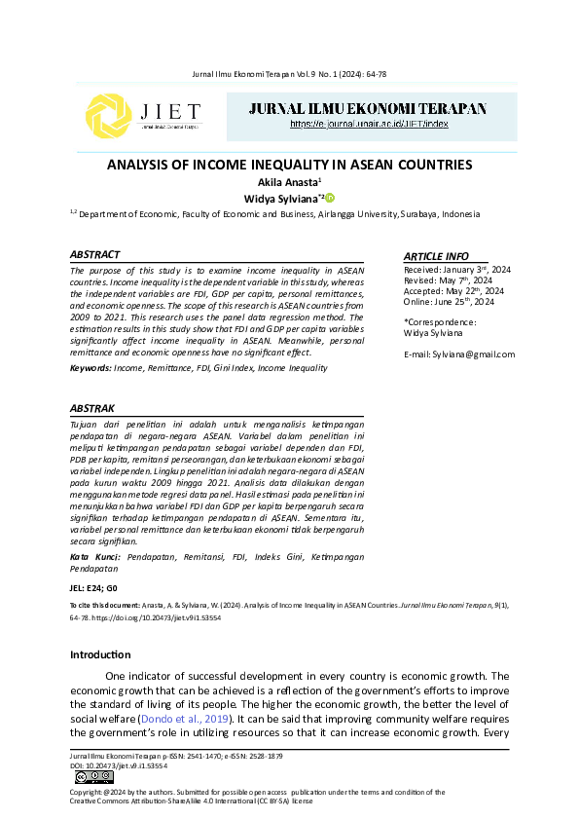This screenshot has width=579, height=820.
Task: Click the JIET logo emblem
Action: pyautogui.click(x=107, y=118)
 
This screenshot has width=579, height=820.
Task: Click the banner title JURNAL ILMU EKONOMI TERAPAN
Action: pyautogui.click(x=369, y=108)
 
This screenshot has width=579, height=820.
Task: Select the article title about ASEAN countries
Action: pyautogui.click(x=289, y=166)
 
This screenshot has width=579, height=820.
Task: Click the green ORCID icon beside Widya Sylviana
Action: pyautogui.click(x=329, y=197)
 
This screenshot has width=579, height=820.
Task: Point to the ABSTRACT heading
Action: pyautogui.click(x=95, y=254)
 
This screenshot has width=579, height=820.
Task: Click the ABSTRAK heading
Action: pyautogui.click(x=93, y=408)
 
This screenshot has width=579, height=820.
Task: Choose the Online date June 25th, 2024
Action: pyautogui.click(x=450, y=303)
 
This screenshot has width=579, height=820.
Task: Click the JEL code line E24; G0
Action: pyautogui.click(x=93, y=589)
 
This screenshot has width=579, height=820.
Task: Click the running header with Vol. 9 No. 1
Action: pyautogui.click(x=289, y=74)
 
